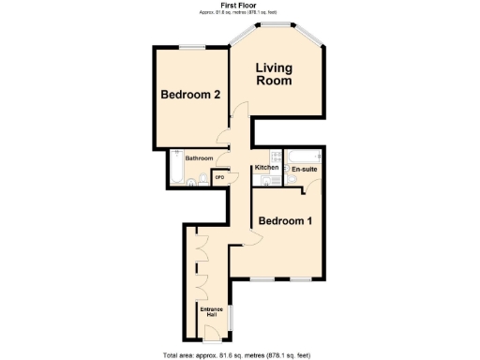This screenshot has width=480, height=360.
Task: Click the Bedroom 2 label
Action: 190,95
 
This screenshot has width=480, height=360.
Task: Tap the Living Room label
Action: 276,74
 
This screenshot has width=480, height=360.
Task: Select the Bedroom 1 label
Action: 284,221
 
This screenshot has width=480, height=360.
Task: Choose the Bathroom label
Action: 199,158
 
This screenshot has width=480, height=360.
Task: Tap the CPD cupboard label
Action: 219,176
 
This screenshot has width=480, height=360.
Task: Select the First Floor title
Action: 239,6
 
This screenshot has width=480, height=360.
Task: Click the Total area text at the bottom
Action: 239,354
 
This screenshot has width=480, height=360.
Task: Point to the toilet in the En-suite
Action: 292,181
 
